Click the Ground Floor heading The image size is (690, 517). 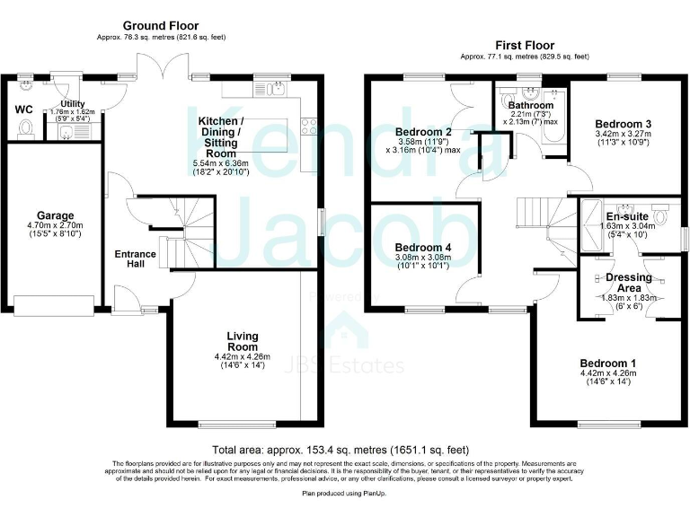161,25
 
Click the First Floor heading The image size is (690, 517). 525,45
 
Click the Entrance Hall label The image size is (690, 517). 135,260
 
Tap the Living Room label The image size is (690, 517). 242,342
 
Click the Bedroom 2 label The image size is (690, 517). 423,133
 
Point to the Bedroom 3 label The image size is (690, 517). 623,124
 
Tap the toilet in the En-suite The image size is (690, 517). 660,216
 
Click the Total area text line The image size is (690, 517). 340,449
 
